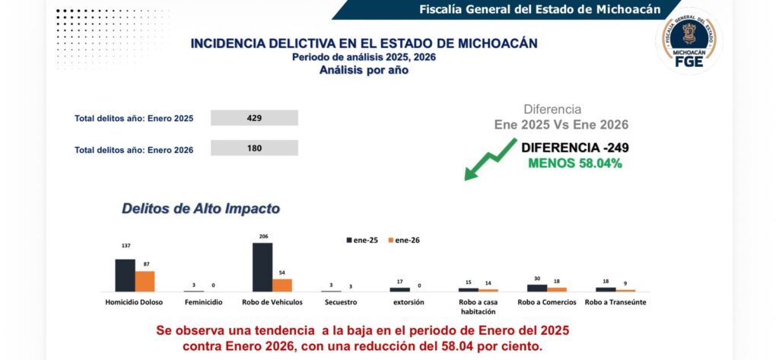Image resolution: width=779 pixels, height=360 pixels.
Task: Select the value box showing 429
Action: pyautogui.click(x=254, y=118)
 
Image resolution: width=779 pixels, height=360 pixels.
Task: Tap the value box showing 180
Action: pyautogui.click(x=254, y=148)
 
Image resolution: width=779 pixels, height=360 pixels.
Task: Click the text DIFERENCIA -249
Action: pyautogui.click(x=574, y=148)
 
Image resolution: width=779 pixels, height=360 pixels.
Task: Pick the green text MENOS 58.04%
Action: pyautogui.click(x=575, y=163)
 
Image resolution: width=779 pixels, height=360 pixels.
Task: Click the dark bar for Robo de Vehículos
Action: pyautogui.click(x=262, y=267)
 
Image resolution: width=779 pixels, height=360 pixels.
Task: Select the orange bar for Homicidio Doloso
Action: pyautogui.click(x=145, y=281)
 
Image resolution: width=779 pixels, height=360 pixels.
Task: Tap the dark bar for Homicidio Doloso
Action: pyautogui.click(x=125, y=275)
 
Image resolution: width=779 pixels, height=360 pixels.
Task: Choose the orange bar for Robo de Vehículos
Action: pyautogui.click(x=282, y=285)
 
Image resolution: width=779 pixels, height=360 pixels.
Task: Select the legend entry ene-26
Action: pyautogui.click(x=404, y=240)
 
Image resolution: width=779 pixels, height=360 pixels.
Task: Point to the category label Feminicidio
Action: pyautogui.click(x=203, y=302)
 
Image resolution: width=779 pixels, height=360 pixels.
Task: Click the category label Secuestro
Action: pyautogui.click(x=340, y=302)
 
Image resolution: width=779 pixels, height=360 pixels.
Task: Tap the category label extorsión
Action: pyautogui.click(x=409, y=302)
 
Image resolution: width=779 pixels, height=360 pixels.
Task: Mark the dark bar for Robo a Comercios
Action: pyautogui.click(x=537, y=288)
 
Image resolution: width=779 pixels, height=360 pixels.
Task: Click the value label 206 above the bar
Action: pyautogui.click(x=262, y=237)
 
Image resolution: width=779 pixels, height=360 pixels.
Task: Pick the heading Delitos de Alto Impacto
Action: pyautogui.click(x=201, y=208)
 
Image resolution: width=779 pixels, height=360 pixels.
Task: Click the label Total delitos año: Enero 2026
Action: pyautogui.click(x=134, y=150)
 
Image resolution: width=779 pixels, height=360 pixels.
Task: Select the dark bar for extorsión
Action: pyautogui.click(x=399, y=289)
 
